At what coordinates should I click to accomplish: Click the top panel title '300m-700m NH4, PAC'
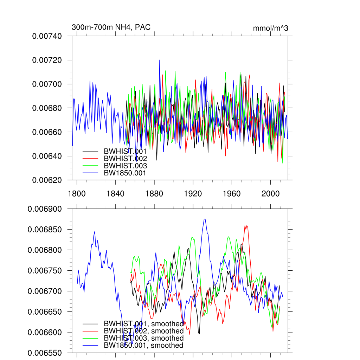coord(111,27)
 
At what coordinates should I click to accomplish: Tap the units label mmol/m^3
coord(270,28)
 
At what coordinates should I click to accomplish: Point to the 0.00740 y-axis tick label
coord(47,36)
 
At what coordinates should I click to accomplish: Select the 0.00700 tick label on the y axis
coord(47,84)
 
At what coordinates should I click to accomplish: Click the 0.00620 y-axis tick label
coord(47,180)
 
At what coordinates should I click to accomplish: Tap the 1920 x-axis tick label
coord(193,193)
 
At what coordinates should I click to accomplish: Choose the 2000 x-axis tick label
coord(270,193)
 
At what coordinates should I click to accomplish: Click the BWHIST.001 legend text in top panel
coord(125,151)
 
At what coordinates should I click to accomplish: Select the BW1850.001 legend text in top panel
coord(125,173)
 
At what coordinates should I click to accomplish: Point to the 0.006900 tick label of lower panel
coord(47,209)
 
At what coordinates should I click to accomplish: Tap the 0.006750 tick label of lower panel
coord(47,271)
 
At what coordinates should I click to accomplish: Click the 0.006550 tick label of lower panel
coord(47,353)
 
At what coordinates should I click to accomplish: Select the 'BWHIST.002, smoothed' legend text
coord(143,331)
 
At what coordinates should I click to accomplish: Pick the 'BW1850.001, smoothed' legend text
coord(143,346)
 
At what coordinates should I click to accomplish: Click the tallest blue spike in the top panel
coord(160,60)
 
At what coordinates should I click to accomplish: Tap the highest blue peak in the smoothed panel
coord(205,219)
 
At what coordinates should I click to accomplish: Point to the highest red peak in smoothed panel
coord(247,226)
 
